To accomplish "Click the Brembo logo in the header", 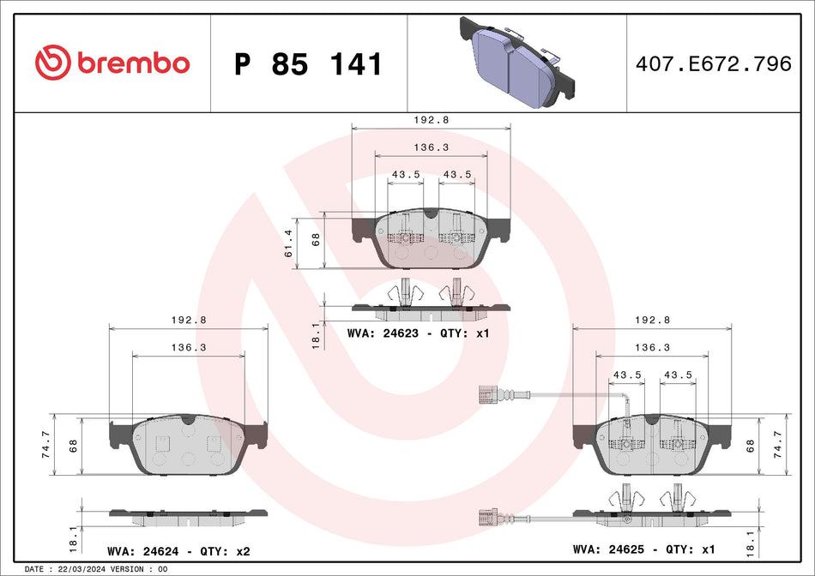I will point(112,63).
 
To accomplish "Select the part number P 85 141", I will point(308,64).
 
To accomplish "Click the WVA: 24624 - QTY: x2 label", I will point(178,550).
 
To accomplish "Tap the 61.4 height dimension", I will point(289,243).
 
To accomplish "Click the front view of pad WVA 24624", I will point(188,443).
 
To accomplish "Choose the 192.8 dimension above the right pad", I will point(652,320).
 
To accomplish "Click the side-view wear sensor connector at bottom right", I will point(485,517).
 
